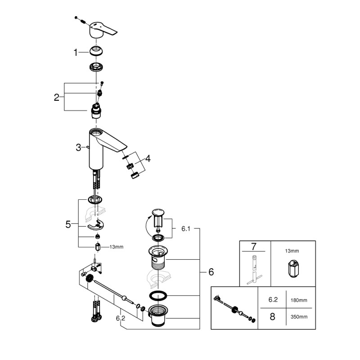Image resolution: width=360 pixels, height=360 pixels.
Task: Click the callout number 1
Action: coord(76,53)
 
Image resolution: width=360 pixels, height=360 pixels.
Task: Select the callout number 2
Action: coord(57,97)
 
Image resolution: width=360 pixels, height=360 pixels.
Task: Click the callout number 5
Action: coord(68,224)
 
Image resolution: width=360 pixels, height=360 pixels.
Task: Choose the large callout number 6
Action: coord(211,272)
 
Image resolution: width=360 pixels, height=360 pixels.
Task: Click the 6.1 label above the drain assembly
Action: coord(186,229)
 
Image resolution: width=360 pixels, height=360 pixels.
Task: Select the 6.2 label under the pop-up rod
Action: coord(121,318)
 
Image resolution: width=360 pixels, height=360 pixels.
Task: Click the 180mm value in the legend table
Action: coord(299,299)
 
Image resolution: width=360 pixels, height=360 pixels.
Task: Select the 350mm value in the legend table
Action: coord(299,317)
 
